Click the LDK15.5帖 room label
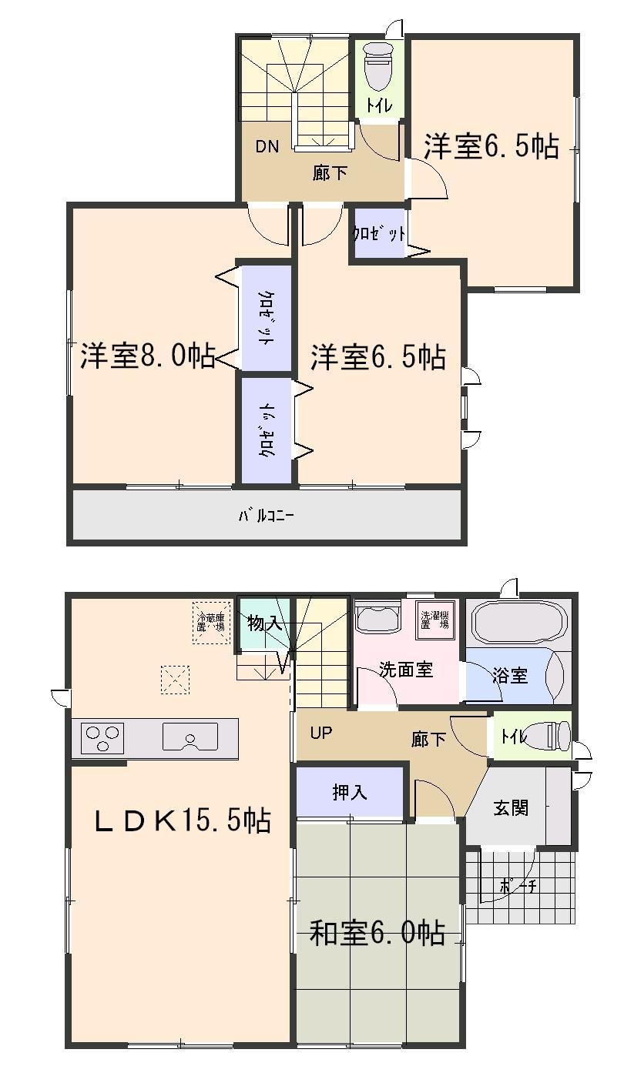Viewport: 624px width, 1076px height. [182, 821]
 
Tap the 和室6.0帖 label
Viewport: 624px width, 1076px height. [377, 933]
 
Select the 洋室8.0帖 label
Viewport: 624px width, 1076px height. [147, 356]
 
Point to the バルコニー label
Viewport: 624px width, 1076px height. [265, 515]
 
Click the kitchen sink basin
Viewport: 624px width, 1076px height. [190, 737]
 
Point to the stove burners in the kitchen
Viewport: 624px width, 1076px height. [102, 738]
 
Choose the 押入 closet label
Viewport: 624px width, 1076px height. [351, 792]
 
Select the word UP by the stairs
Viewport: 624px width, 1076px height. [321, 733]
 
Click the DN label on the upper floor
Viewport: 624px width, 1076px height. [267, 147]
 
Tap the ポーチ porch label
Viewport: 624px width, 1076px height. [518, 885]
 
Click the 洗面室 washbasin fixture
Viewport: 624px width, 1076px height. [378, 618]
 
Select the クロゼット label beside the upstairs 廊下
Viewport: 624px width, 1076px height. [379, 232]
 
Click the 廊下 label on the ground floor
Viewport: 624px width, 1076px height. [428, 740]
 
